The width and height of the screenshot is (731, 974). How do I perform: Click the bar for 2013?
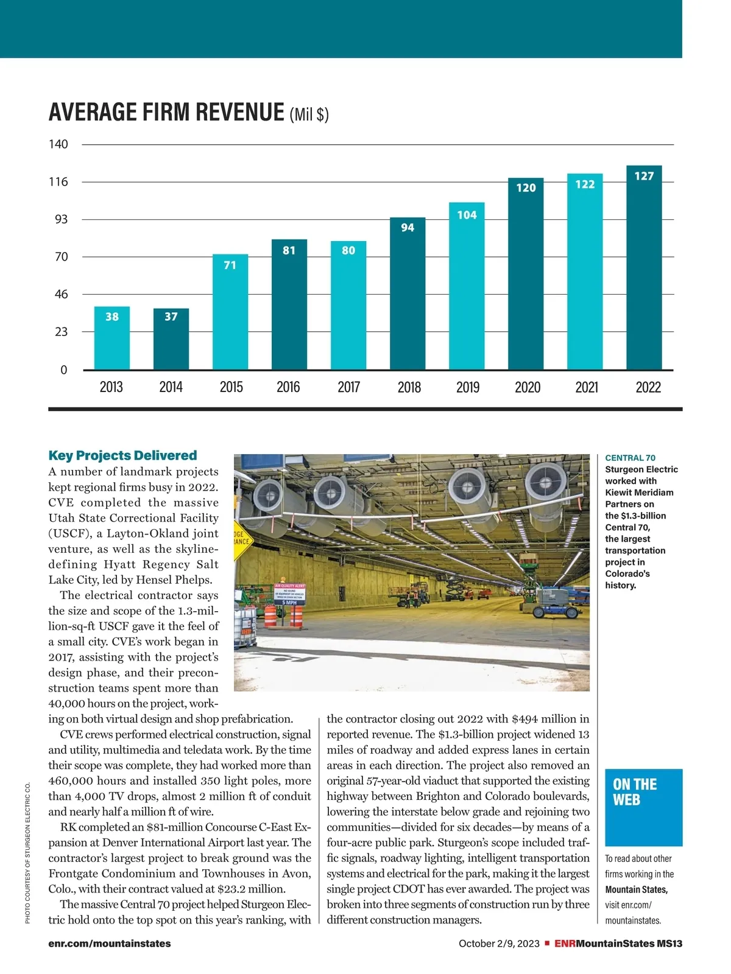pyautogui.click(x=111, y=338)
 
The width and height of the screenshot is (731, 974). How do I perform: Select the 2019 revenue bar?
pyautogui.click(x=467, y=286)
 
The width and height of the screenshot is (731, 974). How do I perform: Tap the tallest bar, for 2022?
pyautogui.click(x=644, y=268)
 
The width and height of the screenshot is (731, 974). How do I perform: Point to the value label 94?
pyautogui.click(x=408, y=228)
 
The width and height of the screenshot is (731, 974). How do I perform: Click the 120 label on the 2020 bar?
pyautogui.click(x=526, y=187)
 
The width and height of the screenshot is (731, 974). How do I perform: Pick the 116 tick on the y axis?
pyautogui.click(x=59, y=182)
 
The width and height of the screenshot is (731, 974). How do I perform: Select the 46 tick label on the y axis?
pyautogui.click(x=62, y=295)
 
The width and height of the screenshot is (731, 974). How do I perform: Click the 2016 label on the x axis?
pyautogui.click(x=288, y=387)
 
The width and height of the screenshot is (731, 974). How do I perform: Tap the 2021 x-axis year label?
pyautogui.click(x=586, y=387)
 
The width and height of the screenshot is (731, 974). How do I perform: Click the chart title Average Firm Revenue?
pyautogui.click(x=166, y=113)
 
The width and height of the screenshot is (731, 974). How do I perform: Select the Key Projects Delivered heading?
pyautogui.click(x=122, y=455)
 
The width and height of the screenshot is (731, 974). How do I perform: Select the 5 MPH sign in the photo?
pyautogui.click(x=289, y=603)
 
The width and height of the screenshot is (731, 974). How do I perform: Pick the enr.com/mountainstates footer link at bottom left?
pyautogui.click(x=110, y=944)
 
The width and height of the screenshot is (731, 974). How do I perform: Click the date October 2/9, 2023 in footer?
pyautogui.click(x=499, y=944)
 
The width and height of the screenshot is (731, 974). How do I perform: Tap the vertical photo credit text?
pyautogui.click(x=28, y=852)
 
